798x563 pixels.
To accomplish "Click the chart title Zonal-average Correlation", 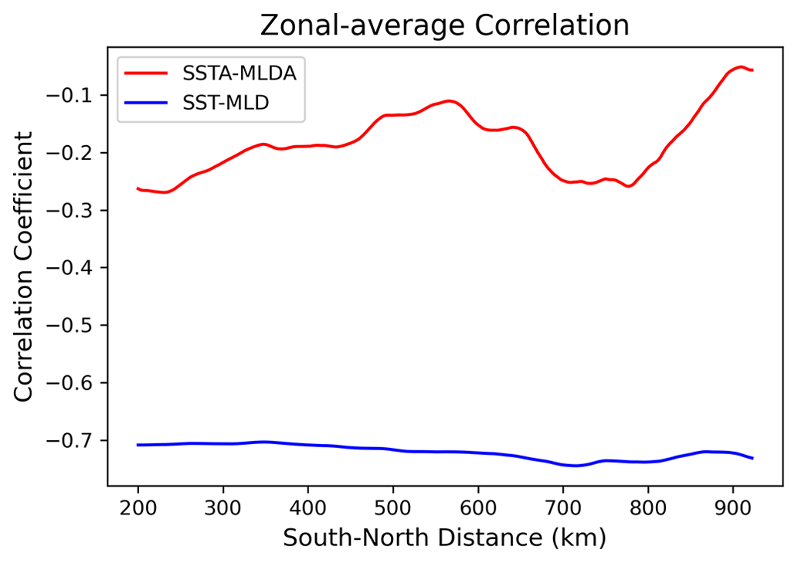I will click(x=444, y=25).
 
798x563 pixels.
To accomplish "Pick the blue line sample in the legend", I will click(x=147, y=101).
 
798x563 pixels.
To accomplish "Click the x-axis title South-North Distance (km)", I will click(x=444, y=538).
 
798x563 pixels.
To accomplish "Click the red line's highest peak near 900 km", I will click(x=741, y=66).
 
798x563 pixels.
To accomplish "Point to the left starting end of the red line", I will click(x=138, y=188).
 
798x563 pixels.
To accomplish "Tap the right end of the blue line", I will click(x=752, y=459).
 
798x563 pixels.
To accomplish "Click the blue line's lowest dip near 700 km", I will click(x=576, y=466).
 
